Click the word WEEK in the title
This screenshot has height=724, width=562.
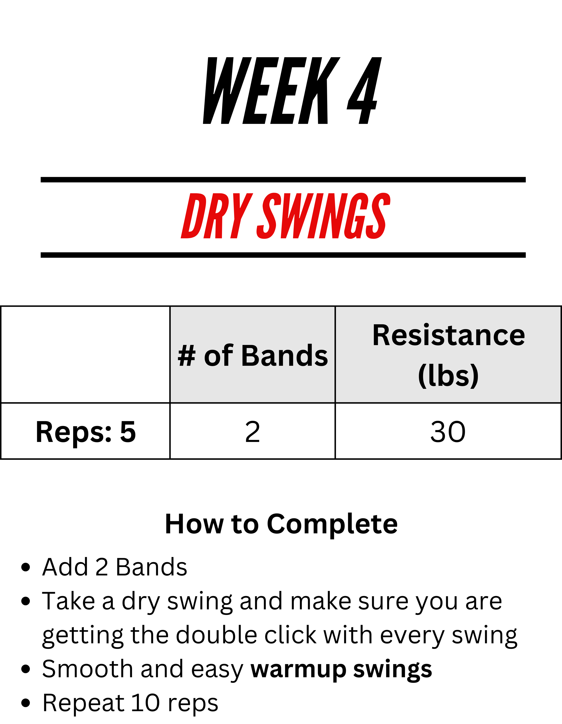[271, 90]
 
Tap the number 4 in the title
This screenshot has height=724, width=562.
[364, 90]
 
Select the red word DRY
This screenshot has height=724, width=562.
[217, 216]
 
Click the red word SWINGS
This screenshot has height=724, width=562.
[323, 216]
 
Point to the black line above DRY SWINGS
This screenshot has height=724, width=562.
[283, 180]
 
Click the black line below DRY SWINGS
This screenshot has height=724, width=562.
[283, 255]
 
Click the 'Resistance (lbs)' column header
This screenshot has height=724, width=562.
[448, 355]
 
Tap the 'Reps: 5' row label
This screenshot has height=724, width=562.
[85, 432]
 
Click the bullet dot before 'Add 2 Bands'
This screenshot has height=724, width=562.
[26, 567]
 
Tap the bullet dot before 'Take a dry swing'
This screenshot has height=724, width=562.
[26, 601]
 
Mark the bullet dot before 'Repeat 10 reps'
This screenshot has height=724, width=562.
[26, 703]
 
